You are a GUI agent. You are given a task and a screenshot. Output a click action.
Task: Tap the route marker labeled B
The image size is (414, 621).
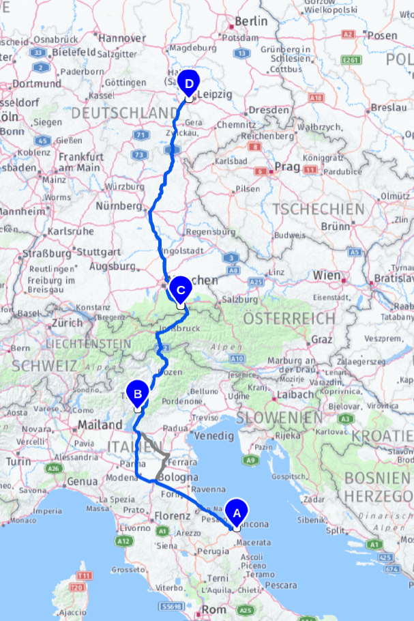138,394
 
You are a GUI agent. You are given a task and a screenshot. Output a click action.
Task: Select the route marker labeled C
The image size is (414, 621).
180,290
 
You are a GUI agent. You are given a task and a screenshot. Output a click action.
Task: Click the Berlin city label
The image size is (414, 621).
252,21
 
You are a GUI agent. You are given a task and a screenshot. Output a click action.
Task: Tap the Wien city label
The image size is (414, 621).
327,276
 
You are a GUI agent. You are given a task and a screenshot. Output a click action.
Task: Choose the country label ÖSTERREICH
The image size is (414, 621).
289,319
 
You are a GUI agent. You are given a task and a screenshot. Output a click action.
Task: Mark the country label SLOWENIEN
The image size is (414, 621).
280,416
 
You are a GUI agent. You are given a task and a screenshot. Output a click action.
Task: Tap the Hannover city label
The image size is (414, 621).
123,39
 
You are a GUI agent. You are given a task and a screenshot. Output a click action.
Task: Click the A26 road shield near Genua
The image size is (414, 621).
55,470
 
